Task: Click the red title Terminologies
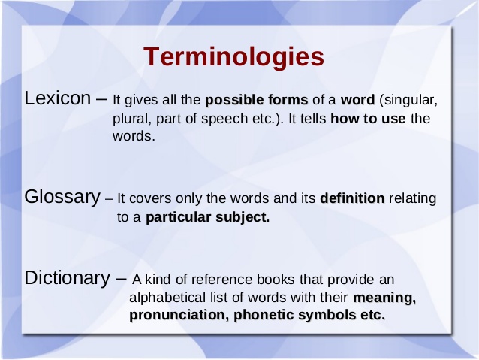[233, 58]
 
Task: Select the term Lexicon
[57, 98]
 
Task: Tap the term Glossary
[62, 198]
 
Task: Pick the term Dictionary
[67, 279]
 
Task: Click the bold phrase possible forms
[256, 100]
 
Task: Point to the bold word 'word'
[357, 100]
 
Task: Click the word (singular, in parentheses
[408, 101]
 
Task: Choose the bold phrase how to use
[368, 119]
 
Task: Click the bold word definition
[352, 198]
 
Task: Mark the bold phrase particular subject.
[207, 217]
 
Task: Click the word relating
[412, 199]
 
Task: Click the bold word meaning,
[384, 298]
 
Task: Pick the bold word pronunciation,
[179, 316]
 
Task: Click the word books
[276, 280]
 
